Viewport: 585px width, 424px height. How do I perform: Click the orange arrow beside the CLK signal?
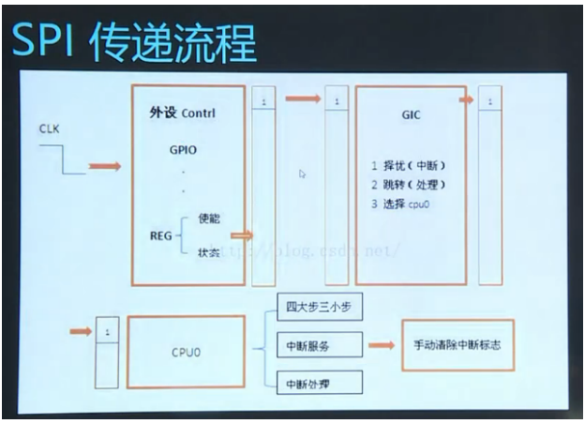tap(105, 167)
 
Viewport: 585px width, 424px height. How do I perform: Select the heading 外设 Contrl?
tap(182, 112)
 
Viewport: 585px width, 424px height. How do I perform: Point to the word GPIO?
tap(184, 148)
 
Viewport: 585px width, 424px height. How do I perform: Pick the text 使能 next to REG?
tap(209, 219)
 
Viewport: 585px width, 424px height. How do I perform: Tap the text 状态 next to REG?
tap(209, 253)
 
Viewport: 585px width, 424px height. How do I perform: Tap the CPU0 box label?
tap(185, 353)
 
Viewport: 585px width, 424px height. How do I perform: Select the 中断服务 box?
tap(307, 346)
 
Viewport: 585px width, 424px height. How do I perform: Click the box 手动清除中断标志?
tap(457, 345)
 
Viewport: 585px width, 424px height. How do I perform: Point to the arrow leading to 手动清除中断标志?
tap(380, 345)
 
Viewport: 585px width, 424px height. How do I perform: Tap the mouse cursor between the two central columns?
tap(303, 174)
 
